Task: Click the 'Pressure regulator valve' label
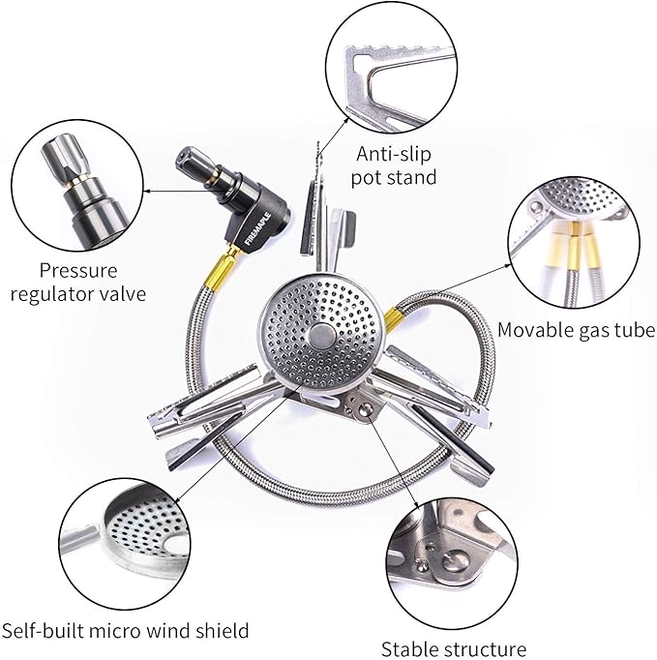[x=78, y=281]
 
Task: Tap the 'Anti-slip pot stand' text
[x=397, y=165]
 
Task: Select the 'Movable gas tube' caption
[x=576, y=330]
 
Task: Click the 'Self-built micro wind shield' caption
[x=125, y=631]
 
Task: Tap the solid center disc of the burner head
[x=319, y=336]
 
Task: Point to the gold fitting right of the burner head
[x=394, y=317]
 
